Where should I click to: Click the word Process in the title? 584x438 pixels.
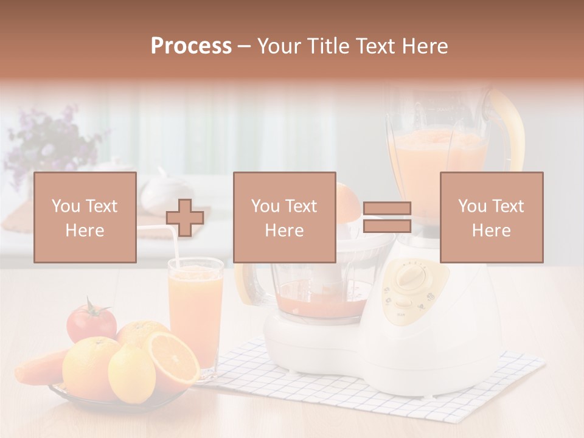(x=191, y=46)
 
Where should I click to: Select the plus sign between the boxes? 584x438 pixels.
(x=185, y=218)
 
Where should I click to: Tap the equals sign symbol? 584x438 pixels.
(x=387, y=218)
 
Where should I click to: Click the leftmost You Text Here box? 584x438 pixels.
(x=85, y=218)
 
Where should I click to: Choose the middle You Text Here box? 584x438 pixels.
(x=284, y=218)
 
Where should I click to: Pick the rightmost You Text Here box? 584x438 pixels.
(x=491, y=218)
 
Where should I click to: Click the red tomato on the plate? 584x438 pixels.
(x=90, y=322)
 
